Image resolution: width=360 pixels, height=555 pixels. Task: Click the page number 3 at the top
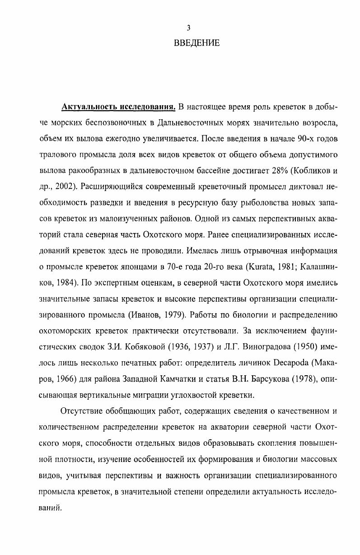tap(188, 28)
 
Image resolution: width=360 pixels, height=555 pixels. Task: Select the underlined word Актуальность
tap(89, 108)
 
